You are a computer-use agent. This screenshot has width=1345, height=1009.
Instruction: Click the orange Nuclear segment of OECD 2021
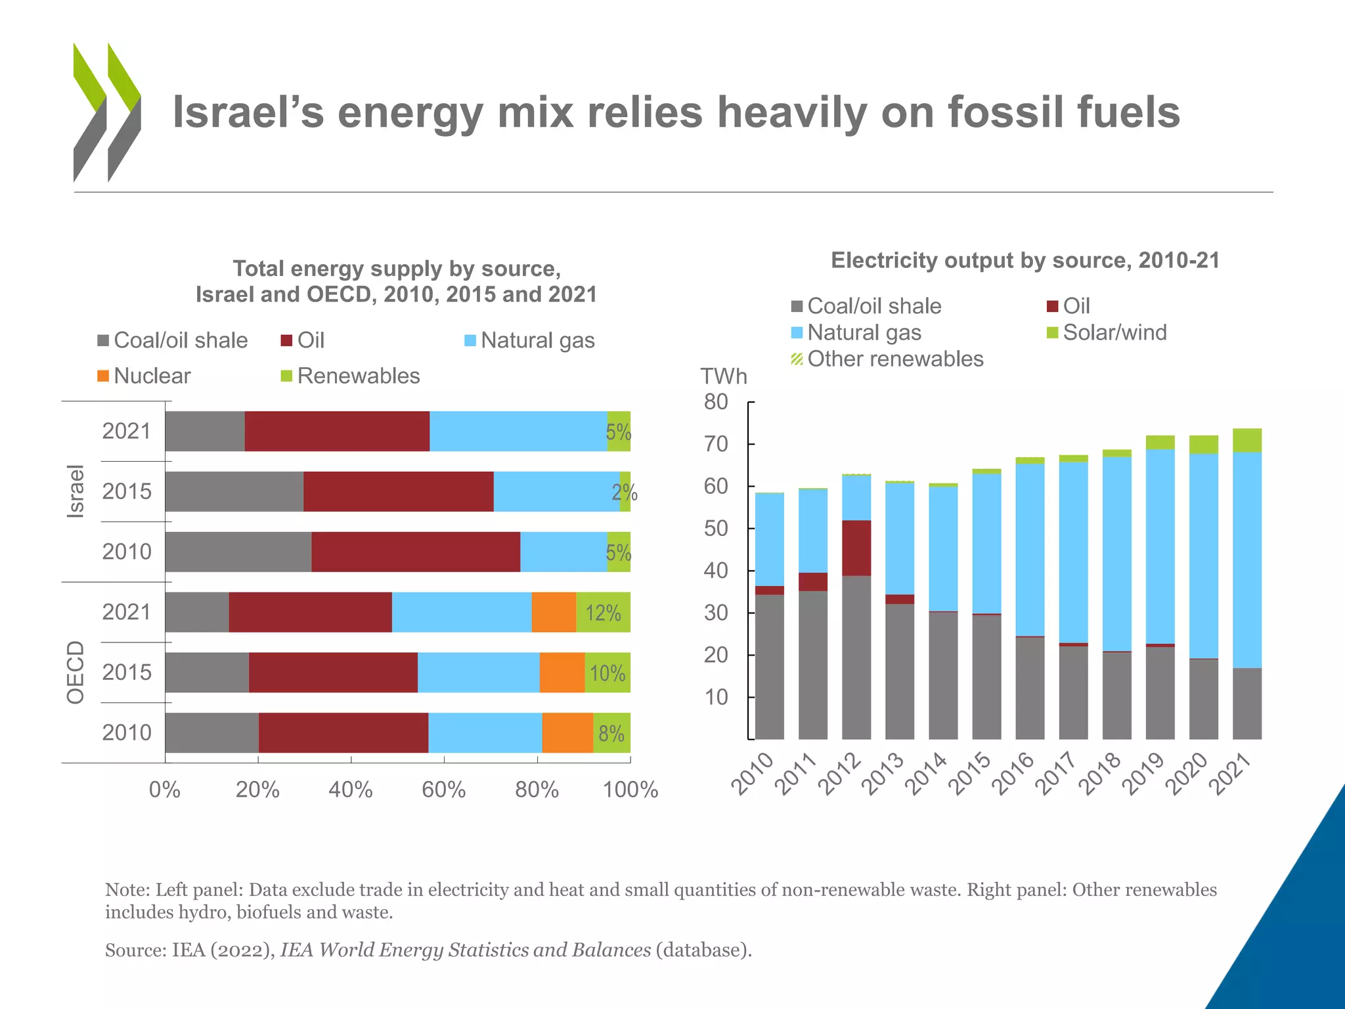click(554, 612)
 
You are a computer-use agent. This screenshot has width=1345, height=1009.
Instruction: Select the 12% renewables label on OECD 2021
click(603, 613)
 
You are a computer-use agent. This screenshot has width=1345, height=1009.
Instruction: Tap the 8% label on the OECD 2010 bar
click(611, 733)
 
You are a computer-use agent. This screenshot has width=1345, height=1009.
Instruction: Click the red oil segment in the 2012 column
click(856, 548)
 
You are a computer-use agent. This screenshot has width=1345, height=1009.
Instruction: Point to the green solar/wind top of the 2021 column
click(1246, 440)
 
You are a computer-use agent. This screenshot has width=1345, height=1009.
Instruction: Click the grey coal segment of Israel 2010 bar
click(238, 552)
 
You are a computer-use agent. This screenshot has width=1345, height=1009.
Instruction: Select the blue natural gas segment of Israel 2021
click(518, 431)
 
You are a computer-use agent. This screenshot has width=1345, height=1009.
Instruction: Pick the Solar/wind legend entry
click(1107, 332)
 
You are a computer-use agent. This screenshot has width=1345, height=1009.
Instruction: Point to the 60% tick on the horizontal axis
click(443, 789)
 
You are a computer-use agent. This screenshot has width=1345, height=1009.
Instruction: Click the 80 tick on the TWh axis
click(716, 401)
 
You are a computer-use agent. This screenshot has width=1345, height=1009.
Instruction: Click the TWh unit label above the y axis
click(723, 376)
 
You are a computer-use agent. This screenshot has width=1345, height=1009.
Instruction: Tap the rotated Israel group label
click(76, 491)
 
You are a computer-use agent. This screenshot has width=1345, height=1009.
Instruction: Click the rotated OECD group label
click(76, 672)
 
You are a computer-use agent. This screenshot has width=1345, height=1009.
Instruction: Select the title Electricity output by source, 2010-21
click(1025, 260)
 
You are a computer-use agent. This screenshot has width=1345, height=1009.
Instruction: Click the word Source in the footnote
click(135, 950)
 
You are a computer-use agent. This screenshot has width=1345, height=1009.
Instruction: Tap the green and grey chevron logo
click(106, 112)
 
